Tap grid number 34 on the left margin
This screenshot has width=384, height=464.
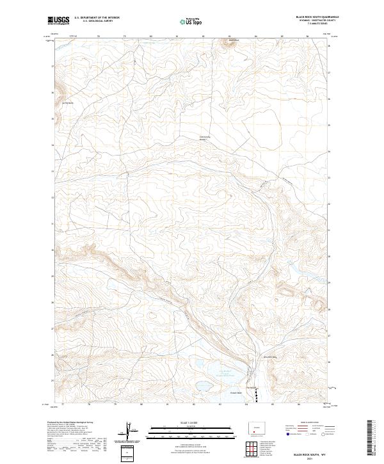point(52,145)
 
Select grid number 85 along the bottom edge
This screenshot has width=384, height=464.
point(272,404)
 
